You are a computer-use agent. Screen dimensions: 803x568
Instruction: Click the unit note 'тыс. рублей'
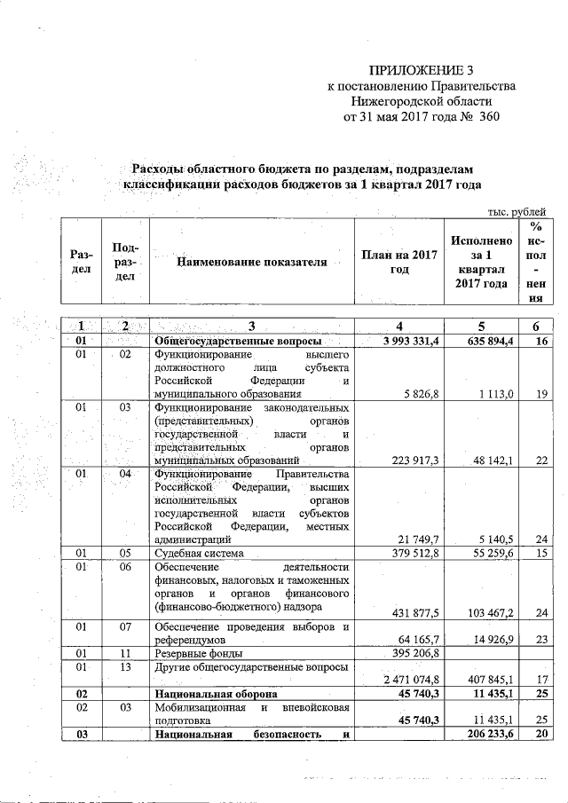(x=517, y=210)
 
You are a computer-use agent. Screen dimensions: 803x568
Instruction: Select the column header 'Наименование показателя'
(x=251, y=263)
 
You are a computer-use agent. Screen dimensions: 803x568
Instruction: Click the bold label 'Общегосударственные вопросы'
(x=238, y=342)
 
